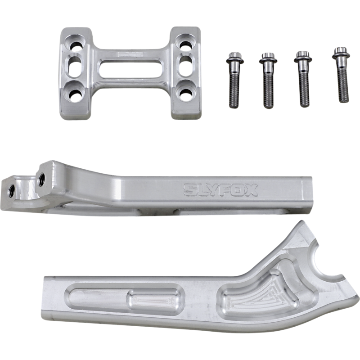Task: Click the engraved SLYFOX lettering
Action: [x=220, y=190]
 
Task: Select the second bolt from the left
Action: [x=268, y=81]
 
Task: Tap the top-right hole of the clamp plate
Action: [x=185, y=45]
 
